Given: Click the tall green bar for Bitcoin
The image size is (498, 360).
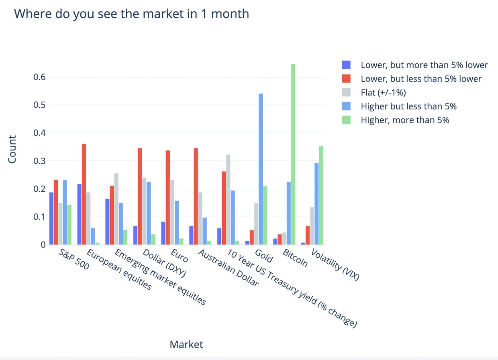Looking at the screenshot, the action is pos(293,155).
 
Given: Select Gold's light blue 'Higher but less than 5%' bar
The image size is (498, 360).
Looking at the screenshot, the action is pos(261,169).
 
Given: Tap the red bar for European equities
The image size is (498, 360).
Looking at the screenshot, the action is pos(84,194).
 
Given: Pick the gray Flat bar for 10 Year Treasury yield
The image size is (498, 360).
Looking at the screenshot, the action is pos(228,200).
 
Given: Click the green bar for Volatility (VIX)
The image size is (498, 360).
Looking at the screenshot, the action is pos(321,195).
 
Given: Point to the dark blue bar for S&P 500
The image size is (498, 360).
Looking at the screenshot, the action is pos(51,219).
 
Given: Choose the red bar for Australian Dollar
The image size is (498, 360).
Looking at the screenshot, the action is pos(196,196).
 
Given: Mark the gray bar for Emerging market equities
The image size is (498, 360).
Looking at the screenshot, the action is pos(116,209).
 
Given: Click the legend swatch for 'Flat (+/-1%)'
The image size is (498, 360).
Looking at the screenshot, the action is pos(346,92).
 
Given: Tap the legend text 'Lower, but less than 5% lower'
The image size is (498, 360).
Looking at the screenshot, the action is pos(421,79).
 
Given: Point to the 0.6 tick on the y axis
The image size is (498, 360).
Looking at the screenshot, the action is pos(39,77).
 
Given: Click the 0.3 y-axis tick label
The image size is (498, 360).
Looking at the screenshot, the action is pos(39,161).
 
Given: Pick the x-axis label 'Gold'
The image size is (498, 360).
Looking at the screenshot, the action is pos(264,256).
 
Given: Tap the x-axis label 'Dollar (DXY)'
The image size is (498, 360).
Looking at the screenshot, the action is pos(164,263).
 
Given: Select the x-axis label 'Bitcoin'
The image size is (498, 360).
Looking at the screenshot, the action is pos(295,258).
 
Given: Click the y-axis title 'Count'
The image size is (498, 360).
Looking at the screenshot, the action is pos(12,149).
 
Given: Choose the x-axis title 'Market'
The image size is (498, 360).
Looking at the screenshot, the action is pos(186,345).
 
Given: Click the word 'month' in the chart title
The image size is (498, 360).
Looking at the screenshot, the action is pos(230,14).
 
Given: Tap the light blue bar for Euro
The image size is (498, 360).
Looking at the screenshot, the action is pos(177,223).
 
